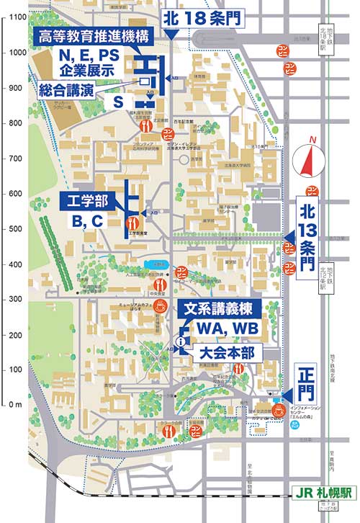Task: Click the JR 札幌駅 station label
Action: (x=323, y=495)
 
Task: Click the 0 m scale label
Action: (x=16, y=405)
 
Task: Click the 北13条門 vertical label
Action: (x=308, y=238)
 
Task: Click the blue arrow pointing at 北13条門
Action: (x=289, y=238)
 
